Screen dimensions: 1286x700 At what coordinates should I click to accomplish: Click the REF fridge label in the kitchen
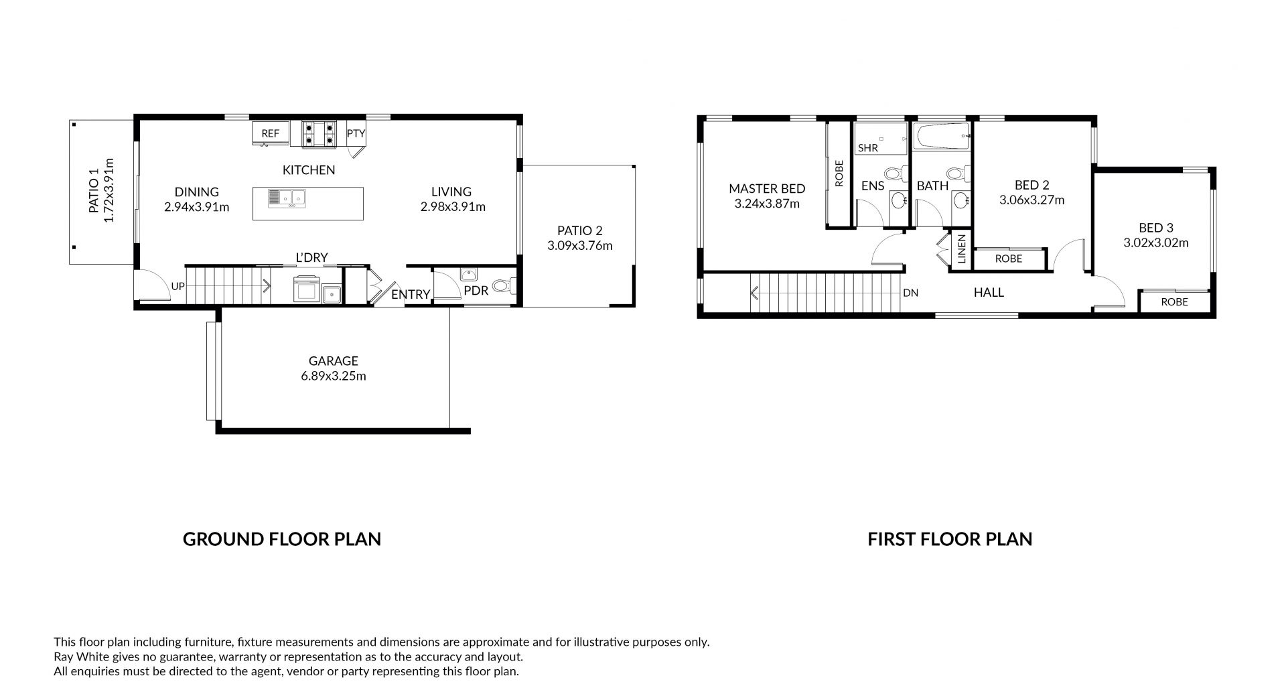[271, 133]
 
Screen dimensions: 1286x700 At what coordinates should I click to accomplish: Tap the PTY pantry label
[356, 133]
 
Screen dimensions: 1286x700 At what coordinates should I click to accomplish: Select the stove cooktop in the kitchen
[319, 133]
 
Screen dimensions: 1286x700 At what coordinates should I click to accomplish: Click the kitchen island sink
[287, 197]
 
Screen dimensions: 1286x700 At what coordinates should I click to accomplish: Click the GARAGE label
[334, 361]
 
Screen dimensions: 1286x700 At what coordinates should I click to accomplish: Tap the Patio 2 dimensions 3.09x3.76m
[580, 246]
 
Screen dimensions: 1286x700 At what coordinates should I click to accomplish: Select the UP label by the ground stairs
[177, 286]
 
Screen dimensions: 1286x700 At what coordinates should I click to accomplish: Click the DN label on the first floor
[910, 293]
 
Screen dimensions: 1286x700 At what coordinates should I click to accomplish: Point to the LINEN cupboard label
[962, 249]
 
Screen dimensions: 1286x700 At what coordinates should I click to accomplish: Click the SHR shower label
[868, 147]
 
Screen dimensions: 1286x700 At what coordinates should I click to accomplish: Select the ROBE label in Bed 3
[1175, 301]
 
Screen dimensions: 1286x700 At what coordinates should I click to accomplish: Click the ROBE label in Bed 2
[1009, 259]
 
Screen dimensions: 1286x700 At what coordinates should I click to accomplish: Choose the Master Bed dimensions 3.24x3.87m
[767, 204]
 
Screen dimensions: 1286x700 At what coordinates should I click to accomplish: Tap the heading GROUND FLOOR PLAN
[282, 539]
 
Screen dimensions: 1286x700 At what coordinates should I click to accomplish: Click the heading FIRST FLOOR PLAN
[950, 539]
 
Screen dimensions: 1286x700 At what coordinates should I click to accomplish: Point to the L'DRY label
[312, 258]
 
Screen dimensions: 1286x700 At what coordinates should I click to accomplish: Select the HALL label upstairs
[989, 292]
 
